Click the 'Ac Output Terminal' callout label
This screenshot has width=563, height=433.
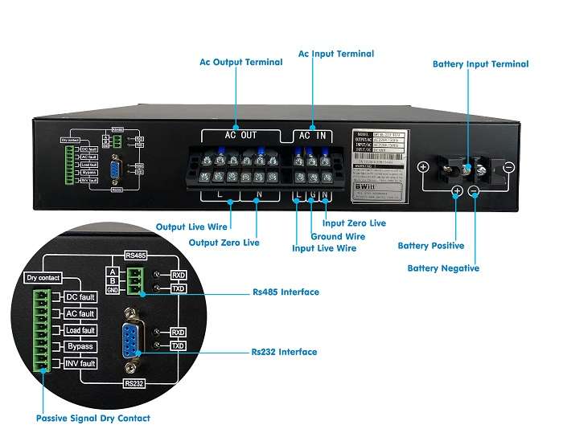coord(240,62)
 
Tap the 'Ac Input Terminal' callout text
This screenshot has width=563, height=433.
coord(336,54)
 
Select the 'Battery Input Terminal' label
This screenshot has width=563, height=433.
coord(480,63)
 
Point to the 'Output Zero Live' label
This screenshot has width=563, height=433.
coord(224,242)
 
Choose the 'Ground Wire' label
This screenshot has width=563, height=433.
coord(338,236)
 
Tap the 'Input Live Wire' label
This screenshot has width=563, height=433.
coord(324,248)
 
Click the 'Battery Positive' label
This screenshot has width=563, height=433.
coord(433,245)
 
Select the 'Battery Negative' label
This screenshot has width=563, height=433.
coord(443,268)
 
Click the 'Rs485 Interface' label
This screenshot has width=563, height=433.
coord(286,292)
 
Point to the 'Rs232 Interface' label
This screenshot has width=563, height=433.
coord(284,351)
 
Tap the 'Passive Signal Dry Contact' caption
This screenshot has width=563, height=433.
coord(93,418)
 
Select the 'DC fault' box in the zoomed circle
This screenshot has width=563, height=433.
coord(80,297)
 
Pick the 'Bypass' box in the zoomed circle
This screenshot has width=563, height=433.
coord(80,346)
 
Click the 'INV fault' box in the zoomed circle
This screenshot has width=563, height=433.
coord(80,363)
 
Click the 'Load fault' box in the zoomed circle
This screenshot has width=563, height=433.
coord(80,330)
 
